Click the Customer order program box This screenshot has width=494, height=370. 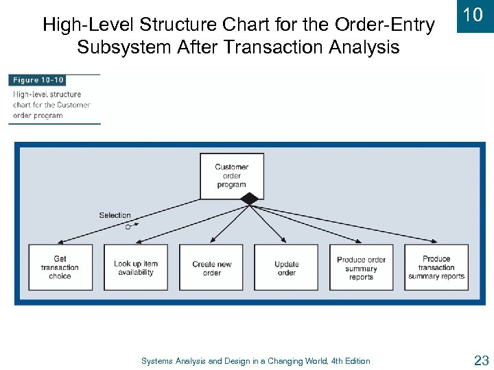click(x=231, y=176)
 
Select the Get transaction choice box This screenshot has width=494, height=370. click(x=60, y=267)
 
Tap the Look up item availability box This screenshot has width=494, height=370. click(x=135, y=267)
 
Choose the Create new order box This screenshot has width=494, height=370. click(x=211, y=267)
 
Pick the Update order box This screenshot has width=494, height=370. click(x=286, y=267)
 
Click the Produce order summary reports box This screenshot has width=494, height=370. click(x=361, y=267)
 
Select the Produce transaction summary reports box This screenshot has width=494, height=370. click(x=436, y=267)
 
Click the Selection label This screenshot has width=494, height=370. click(x=115, y=215)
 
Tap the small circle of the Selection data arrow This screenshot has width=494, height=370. click(x=128, y=226)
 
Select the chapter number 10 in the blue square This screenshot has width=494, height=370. click(x=473, y=16)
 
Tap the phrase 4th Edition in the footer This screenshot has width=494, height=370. click(x=347, y=361)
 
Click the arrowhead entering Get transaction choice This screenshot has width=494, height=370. click(x=59, y=242)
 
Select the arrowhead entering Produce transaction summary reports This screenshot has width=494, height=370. click(x=434, y=241)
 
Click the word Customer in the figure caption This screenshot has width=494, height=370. click(x=74, y=105)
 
